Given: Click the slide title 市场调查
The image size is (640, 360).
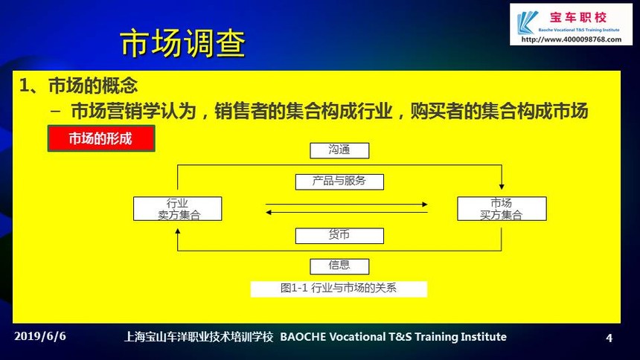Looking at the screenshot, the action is pos(183,43).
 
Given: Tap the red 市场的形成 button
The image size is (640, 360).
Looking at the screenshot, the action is pos(101,138).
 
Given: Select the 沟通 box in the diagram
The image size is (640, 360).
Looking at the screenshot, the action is pos(339,150).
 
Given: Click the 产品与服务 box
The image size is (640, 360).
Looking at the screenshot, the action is pos(339,181).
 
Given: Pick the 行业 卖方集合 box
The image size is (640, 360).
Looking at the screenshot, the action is pos(178,208).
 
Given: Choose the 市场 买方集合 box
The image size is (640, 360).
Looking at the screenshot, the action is pos(502,208).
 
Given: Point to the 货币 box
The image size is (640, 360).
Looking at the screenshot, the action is pos(339,236).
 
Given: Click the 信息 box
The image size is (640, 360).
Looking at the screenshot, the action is pos(339,266).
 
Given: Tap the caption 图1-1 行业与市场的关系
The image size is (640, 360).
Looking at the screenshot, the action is pos(339,289).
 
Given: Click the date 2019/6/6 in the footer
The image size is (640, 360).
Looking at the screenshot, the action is pos(40,336).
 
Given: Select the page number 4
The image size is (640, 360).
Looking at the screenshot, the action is pos(609,338).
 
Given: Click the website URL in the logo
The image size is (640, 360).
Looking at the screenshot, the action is pos(571,39).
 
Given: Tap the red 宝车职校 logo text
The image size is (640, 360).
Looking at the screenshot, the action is pos(578,18).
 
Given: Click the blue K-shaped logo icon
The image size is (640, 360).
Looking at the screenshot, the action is pos(527,22).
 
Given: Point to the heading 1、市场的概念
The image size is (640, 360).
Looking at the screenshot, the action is pos(78,86).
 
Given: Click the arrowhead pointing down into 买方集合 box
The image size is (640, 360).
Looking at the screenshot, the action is pos(502,187).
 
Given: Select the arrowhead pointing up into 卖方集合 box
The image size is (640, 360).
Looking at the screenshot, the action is pos(178,231).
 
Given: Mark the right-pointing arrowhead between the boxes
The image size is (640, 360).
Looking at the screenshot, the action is pos(425,204).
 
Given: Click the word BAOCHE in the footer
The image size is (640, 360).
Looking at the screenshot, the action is pos(303,337).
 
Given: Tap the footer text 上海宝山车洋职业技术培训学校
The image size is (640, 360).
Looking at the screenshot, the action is pos(199,337).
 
